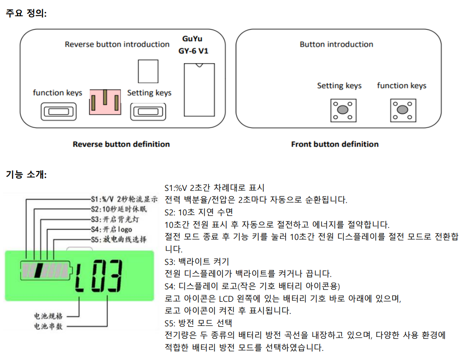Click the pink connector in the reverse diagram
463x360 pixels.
click(105, 102)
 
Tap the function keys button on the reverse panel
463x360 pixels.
click(57, 111)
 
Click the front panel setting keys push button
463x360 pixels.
click(343, 110)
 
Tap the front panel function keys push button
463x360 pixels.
click(402, 110)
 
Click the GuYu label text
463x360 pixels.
click(192, 39)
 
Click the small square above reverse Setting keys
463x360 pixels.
click(148, 71)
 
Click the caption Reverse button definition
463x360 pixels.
click(121, 144)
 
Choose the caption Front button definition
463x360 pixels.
click(335, 144)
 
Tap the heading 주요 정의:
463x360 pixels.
click(26, 13)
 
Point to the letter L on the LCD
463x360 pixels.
click(83, 277)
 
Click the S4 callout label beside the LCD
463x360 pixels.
click(111, 229)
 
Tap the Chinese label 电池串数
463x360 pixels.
click(49, 326)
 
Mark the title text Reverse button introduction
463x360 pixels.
click(117, 44)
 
